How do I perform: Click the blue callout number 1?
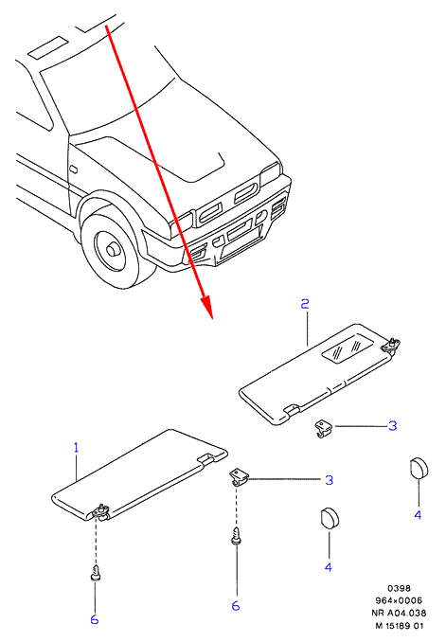coord(76,448)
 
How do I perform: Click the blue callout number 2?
coord(305,304)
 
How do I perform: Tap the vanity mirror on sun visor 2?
coord(348,348)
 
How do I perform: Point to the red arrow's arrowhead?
coord(206,307)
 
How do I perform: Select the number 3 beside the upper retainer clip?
coord(392,426)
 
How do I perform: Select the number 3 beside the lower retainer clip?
coord(330,480)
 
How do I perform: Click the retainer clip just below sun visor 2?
coord(325,428)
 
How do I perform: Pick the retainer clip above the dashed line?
coord(239,478)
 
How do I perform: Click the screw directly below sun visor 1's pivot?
coord(96,573)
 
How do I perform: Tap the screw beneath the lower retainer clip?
coord(236,536)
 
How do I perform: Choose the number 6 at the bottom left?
coord(95,620)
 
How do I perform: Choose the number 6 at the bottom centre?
coord(236,606)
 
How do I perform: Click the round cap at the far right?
coord(419,468)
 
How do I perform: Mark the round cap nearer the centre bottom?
coord(330,519)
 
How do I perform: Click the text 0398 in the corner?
coord(399,588)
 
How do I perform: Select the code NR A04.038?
coord(399,613)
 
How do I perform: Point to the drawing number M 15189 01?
coord(400,626)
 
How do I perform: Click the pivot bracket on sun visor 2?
coord(391,345)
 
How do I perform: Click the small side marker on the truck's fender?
coord(74,169)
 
